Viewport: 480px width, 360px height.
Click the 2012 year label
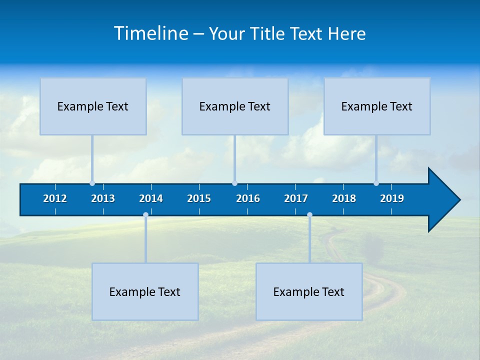click(x=55, y=198)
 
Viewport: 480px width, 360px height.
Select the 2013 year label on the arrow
click(x=103, y=198)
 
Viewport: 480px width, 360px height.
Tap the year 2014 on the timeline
click(x=151, y=198)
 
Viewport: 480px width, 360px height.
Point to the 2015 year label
click(x=199, y=198)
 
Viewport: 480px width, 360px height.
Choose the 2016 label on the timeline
click(x=248, y=198)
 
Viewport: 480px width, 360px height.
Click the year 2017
click(x=296, y=198)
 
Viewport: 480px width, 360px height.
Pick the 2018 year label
click(x=344, y=198)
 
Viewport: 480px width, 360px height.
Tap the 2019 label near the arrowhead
click(x=392, y=198)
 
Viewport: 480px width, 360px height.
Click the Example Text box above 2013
click(x=93, y=106)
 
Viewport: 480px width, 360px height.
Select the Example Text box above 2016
click(x=235, y=106)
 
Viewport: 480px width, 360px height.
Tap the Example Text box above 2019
click(x=377, y=106)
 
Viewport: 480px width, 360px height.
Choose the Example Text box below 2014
click(x=145, y=292)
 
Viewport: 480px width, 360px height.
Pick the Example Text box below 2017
click(x=309, y=292)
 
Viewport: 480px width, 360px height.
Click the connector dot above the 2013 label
click(x=92, y=183)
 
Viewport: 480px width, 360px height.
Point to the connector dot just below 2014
click(x=145, y=215)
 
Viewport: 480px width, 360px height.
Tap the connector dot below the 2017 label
click(x=309, y=215)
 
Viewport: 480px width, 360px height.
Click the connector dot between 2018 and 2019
click(x=376, y=183)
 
